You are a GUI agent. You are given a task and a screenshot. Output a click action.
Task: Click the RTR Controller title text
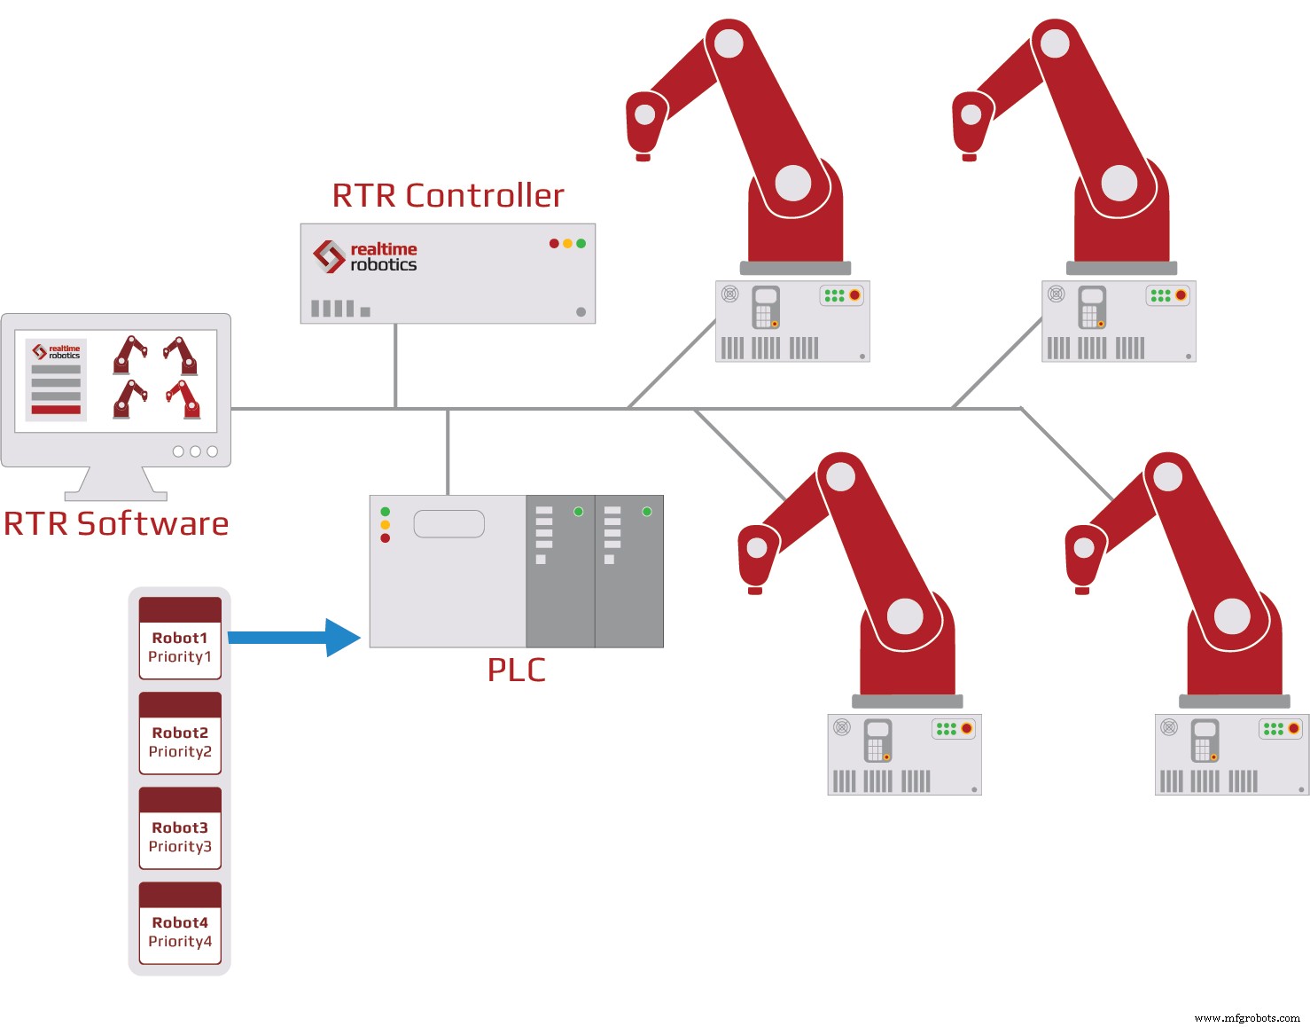tap(448, 196)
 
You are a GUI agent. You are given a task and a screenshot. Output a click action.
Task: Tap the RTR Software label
tap(116, 524)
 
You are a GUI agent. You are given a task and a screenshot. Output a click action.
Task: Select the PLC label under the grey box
tap(516, 670)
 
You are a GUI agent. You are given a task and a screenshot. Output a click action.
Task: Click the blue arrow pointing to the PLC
tap(292, 637)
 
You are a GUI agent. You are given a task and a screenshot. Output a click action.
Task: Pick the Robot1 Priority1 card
tap(180, 639)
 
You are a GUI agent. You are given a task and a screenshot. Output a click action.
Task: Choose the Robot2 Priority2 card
tap(180, 733)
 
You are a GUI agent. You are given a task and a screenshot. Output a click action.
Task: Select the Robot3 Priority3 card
tap(180, 828)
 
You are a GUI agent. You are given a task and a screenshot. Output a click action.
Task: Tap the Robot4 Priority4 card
tap(180, 923)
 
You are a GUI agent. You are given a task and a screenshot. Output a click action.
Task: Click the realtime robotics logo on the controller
tap(365, 256)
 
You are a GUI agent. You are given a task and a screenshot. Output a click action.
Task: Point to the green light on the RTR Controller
tap(581, 243)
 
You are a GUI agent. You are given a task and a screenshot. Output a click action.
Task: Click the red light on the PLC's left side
tap(386, 538)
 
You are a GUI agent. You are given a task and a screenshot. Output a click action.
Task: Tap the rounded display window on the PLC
tap(449, 524)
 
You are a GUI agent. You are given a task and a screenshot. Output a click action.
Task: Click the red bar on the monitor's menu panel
tap(56, 410)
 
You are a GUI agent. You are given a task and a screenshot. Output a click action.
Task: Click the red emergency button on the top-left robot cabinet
tap(854, 295)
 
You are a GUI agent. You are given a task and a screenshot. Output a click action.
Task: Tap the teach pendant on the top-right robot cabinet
tap(1092, 307)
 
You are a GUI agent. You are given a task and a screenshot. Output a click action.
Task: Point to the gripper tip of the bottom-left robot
tap(755, 590)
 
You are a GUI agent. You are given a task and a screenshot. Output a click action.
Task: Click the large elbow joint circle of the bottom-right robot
tap(1231, 616)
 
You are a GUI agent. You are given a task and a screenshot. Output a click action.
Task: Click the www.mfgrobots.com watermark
tap(1246, 1018)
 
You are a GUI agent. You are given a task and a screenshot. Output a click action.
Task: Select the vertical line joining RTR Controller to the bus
tap(395, 365)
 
